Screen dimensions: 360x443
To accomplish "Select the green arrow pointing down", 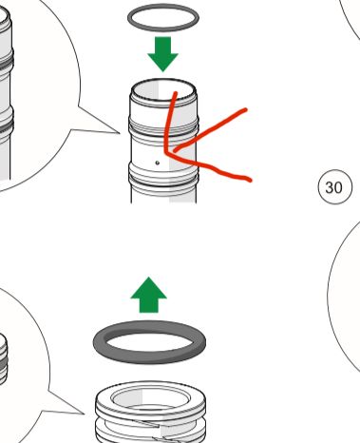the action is tap(163, 54).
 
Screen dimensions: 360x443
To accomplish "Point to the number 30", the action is tap(333, 187).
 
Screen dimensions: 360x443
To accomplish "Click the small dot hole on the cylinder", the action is tap(158, 163).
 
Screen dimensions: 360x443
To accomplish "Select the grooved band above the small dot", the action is tap(163, 127).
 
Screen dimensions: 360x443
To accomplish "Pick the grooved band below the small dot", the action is tap(163, 178).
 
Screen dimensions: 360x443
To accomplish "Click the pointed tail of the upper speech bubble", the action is tap(118, 132).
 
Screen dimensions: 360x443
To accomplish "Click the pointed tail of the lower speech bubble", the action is tap(83, 413).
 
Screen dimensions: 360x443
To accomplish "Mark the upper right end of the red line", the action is tap(246, 109).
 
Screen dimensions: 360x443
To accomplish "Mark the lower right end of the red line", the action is tap(251, 181).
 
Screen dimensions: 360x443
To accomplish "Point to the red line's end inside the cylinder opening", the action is tap(176, 93).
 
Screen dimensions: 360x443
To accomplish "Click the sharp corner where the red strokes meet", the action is tap(166, 152).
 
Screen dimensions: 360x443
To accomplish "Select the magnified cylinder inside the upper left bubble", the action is tap(6, 95).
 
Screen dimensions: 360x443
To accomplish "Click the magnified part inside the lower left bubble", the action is tap(3, 359).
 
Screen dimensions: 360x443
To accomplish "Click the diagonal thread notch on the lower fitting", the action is tap(149, 423).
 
